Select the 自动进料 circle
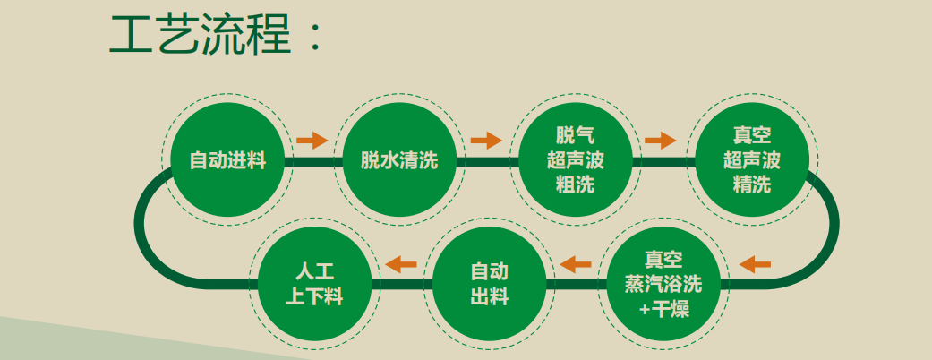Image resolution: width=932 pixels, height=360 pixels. (x=227, y=162)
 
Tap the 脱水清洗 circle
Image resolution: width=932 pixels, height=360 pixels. (x=399, y=162)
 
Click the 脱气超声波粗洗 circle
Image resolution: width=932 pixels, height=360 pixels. (x=575, y=162)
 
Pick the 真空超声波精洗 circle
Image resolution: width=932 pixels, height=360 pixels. (x=751, y=162)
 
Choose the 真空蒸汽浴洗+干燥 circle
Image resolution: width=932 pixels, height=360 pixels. (x=663, y=286)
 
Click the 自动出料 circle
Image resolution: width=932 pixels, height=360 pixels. (x=489, y=285)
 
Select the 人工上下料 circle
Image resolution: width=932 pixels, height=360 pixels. (x=314, y=285)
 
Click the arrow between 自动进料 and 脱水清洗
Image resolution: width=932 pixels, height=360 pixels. (x=312, y=140)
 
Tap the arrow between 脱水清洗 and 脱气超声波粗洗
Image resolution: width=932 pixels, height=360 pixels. (x=486, y=140)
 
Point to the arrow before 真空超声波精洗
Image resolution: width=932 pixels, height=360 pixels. (x=660, y=140)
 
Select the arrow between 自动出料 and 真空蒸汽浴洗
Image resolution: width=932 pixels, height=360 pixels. (x=576, y=263)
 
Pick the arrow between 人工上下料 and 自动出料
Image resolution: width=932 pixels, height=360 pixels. (x=400, y=263)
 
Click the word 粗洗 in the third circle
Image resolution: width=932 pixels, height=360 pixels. (x=575, y=186)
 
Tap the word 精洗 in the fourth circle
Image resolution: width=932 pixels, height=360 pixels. (x=751, y=186)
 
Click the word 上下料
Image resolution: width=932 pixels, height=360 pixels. (x=314, y=297)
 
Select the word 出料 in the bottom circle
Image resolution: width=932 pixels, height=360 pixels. (x=489, y=297)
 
